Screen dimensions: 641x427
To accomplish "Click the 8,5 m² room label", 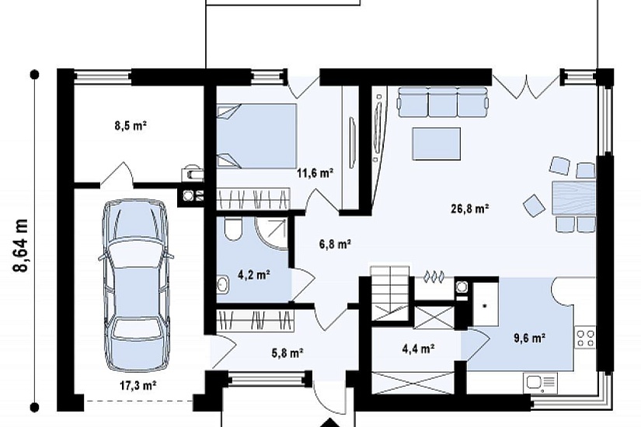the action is [131, 126].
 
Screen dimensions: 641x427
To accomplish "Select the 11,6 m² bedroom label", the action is [315, 173].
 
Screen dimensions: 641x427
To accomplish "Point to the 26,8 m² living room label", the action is [470, 209].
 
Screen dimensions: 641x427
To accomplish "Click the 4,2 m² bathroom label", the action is [253, 274].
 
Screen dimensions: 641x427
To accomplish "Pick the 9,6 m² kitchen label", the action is [529, 338].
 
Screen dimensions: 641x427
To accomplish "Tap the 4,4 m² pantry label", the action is [418, 349].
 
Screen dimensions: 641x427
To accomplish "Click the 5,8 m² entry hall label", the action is [287, 352].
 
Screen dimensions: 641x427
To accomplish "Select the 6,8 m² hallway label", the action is [335, 245].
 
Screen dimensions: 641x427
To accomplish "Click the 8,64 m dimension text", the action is [20, 245].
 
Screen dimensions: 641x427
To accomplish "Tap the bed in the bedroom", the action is [256, 136].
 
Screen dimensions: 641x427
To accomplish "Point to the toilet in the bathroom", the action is [233, 230].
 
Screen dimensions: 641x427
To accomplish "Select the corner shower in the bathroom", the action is [272, 231].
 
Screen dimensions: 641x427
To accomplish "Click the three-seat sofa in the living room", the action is [443, 102].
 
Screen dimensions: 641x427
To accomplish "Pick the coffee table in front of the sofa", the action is [437, 144].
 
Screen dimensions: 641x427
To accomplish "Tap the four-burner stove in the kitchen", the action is [585, 338].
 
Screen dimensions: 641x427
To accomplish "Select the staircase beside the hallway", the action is [389, 293].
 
